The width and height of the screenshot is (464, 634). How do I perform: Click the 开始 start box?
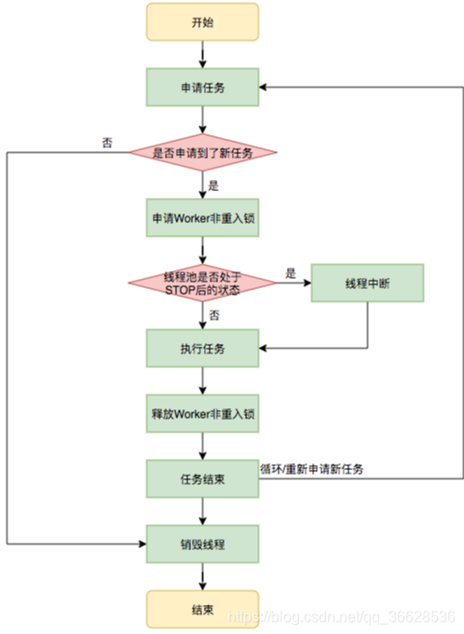201,22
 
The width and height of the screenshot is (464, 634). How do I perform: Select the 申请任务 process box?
201,87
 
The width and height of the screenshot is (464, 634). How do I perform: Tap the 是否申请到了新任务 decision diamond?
201,151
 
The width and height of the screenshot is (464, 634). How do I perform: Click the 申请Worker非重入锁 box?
201,216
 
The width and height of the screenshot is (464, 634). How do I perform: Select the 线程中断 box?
367,282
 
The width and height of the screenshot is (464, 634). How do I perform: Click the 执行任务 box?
201,348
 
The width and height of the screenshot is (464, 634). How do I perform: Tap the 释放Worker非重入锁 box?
201,412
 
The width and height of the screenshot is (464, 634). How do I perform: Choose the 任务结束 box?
201,477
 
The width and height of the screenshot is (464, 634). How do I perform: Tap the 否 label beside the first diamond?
107,143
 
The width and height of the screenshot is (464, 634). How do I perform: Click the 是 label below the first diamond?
212,186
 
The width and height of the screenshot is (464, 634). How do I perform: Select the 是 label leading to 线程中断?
290,273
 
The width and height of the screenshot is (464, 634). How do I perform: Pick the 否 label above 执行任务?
212,315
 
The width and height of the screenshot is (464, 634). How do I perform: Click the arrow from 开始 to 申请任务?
201,54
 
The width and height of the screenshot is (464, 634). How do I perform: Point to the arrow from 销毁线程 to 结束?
201,574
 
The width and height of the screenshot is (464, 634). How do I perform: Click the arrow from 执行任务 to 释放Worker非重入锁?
201,379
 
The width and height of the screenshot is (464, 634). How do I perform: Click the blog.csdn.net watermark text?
345,618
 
